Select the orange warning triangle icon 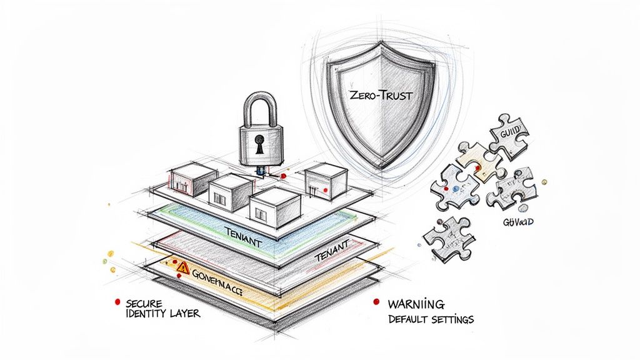[x=182, y=267]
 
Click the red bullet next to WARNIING [x=376, y=302]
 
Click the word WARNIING [x=416, y=304]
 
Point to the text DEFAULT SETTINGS [x=431, y=319]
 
